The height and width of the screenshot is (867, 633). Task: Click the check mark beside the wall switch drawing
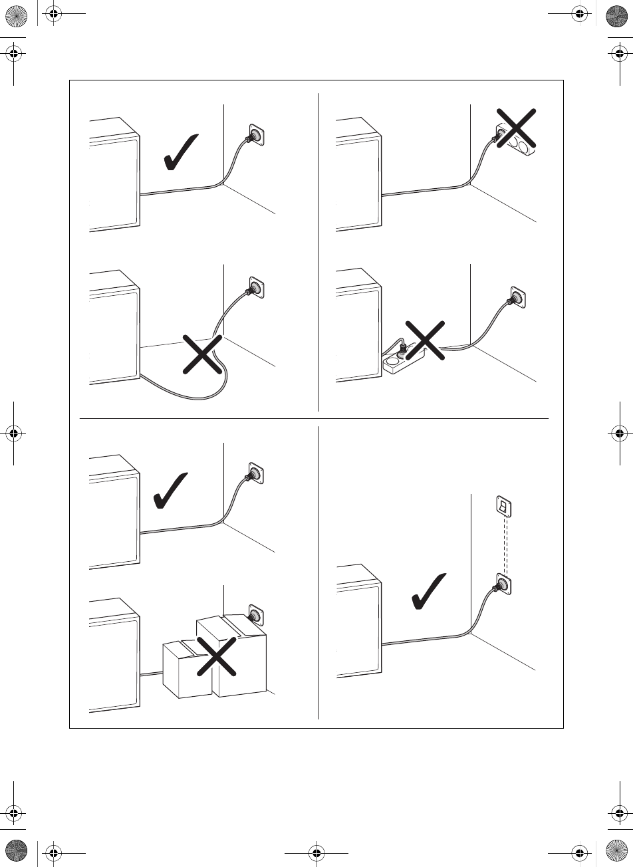pyautogui.click(x=428, y=590)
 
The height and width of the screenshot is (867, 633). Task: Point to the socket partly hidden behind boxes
pyautogui.click(x=254, y=612)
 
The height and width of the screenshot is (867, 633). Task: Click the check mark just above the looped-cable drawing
pyautogui.click(x=180, y=152)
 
